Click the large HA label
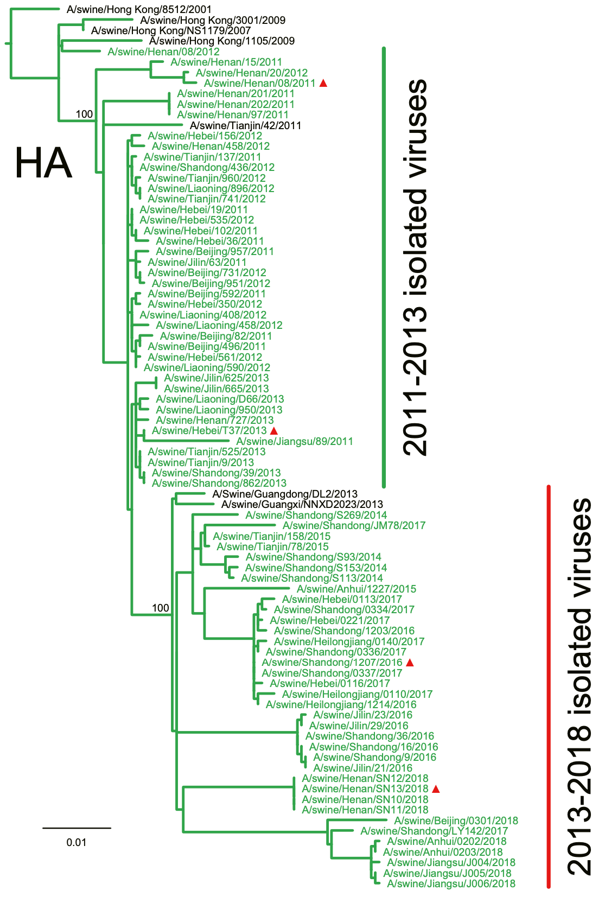[43, 163]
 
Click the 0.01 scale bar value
[77, 842]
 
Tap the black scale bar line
[77, 828]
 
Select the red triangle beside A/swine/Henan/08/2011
[323, 83]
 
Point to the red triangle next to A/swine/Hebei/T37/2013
[274, 431]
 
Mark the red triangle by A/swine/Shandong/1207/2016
[410, 663]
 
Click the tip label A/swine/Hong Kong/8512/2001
[139, 9]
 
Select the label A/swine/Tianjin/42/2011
[245, 125]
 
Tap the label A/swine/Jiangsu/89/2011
[295, 442]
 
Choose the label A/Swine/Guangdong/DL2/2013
[285, 494]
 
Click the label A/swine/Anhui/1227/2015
[357, 589]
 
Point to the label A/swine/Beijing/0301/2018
[456, 821]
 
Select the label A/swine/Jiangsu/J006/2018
[451, 883]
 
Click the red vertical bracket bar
[549, 686]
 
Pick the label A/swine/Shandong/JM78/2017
[354, 525]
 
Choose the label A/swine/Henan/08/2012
[163, 52]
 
